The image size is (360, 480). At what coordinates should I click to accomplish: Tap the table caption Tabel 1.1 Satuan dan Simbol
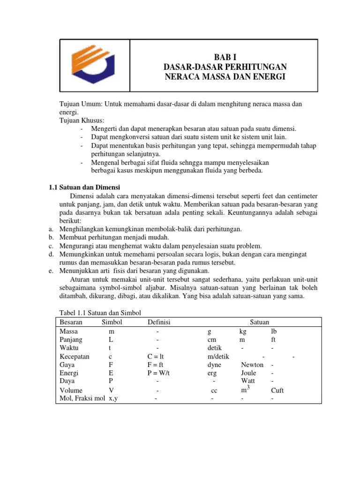100,313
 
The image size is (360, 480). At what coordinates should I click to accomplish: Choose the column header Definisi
159,322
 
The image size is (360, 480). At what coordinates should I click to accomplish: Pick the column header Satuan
259,322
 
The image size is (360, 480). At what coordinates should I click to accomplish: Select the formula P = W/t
158,373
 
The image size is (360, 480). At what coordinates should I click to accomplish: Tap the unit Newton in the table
252,365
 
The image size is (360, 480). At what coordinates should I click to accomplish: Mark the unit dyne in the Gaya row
214,365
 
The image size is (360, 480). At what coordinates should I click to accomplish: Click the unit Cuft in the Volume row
277,390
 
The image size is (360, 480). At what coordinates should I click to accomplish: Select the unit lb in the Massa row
274,331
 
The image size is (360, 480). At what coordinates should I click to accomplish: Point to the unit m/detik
218,356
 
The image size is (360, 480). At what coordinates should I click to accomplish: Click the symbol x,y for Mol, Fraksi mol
113,399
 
